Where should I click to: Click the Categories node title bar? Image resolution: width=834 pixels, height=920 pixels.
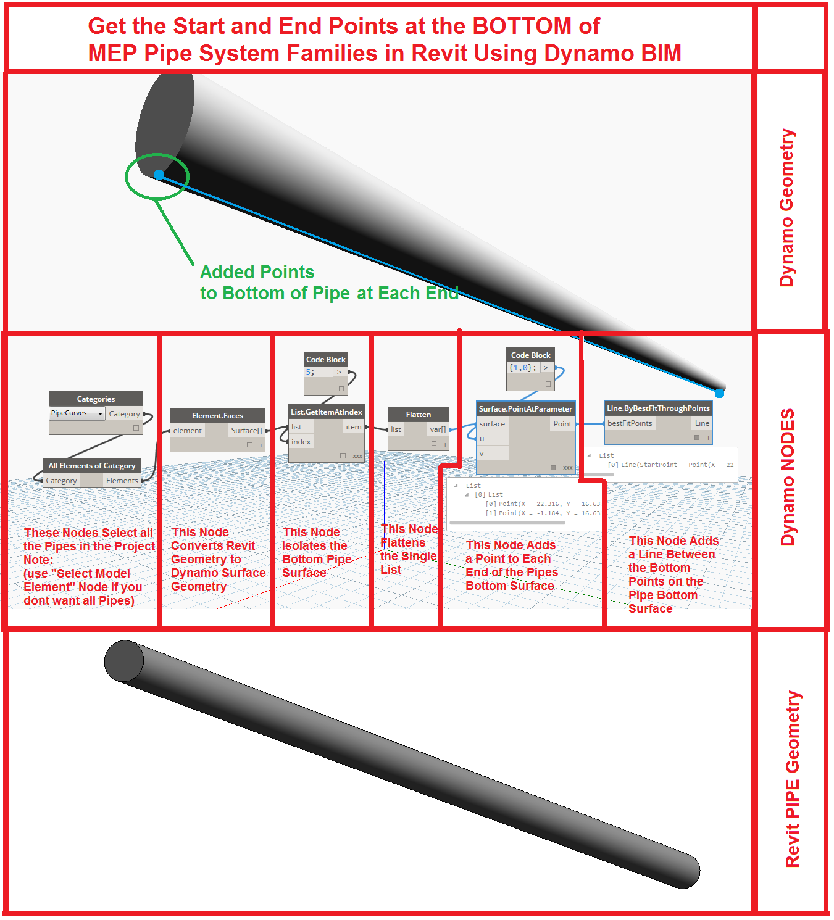(96, 399)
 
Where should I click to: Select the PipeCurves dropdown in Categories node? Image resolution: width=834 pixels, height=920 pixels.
(77, 413)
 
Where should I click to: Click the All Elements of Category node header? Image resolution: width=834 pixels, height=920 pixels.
(91, 465)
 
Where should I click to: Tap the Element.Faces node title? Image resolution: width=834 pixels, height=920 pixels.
(217, 415)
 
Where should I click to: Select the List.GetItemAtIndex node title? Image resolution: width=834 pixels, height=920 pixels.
(326, 412)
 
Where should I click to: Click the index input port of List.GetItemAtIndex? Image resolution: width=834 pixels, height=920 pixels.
(301, 442)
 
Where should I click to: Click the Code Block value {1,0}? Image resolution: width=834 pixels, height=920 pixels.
(522, 368)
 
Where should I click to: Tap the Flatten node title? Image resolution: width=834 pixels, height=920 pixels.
(418, 414)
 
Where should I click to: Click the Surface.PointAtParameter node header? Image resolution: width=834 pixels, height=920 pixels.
(525, 408)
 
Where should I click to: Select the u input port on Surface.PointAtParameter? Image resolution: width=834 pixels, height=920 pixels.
(482, 439)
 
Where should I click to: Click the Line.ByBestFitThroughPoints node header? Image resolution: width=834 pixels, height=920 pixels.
(658, 408)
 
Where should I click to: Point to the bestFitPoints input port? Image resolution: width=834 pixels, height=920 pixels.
(629, 423)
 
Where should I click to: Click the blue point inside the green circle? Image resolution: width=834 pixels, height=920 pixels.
(159, 175)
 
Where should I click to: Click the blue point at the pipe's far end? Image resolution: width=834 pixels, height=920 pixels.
(719, 392)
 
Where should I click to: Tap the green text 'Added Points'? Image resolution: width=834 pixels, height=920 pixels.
(257, 272)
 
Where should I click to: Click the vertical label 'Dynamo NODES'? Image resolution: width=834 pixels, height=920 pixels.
(787, 477)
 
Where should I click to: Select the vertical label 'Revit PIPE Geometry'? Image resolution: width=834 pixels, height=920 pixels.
(792, 779)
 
